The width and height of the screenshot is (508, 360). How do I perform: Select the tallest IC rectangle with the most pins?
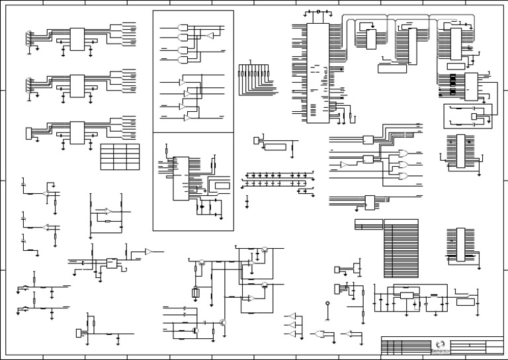318,69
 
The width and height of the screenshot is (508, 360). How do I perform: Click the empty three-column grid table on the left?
120,156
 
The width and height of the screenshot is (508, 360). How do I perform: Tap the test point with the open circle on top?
327,306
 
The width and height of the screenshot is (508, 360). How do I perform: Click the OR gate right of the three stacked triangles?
321,334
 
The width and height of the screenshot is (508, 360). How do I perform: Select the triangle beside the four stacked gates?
210,34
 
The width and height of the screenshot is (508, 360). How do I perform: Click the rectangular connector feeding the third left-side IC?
28,133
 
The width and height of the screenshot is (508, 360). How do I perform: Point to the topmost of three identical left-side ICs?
77,38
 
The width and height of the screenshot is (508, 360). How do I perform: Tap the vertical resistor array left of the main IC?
253,75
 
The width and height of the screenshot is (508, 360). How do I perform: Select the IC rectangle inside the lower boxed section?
180,179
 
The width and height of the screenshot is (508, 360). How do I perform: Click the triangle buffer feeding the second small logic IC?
345,163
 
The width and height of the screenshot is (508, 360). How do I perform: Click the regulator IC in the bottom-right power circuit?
405,295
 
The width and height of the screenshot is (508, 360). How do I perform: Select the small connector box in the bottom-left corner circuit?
80,332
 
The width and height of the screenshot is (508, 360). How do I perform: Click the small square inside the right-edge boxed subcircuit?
475,117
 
